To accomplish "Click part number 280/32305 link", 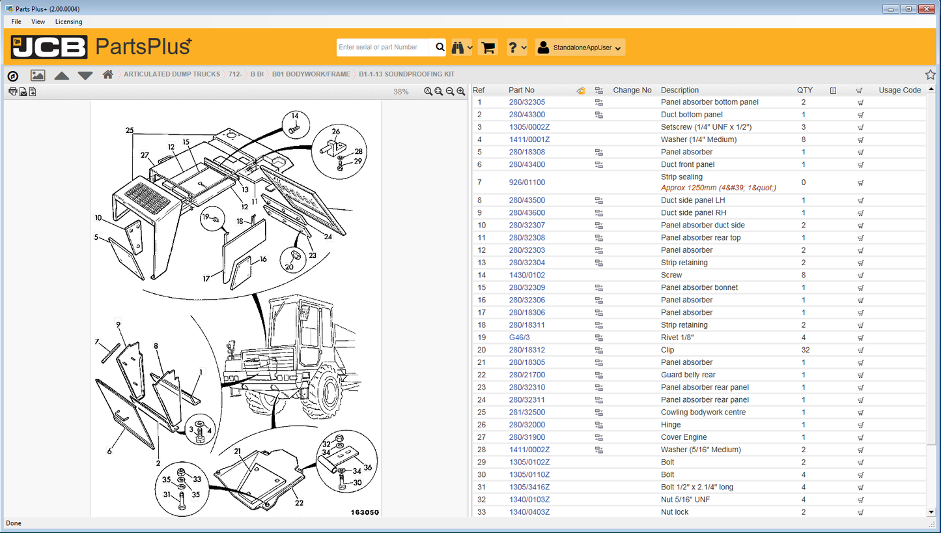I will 527,102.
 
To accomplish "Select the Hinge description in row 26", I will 671,425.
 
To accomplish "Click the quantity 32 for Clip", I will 805,350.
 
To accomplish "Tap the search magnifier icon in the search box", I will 440,47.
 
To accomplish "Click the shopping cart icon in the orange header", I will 488,48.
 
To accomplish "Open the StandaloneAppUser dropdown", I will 580,48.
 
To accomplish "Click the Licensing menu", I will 68,22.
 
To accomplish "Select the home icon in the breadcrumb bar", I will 108,75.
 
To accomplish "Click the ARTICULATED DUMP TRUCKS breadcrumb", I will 172,74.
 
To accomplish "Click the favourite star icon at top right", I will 930,75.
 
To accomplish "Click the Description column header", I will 679,91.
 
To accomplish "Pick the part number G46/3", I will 519,338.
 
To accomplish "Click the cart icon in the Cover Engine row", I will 860,437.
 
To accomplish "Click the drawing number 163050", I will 365,512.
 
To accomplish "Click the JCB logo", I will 49,48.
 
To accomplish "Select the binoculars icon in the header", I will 458,48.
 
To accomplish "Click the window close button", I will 926,9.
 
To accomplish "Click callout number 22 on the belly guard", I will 299,503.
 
